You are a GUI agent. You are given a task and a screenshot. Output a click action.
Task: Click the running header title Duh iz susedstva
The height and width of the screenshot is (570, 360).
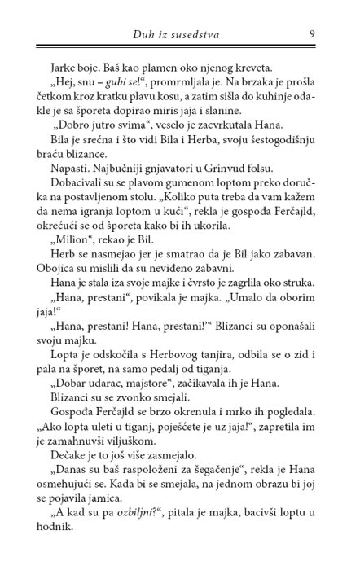click(x=179, y=33)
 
